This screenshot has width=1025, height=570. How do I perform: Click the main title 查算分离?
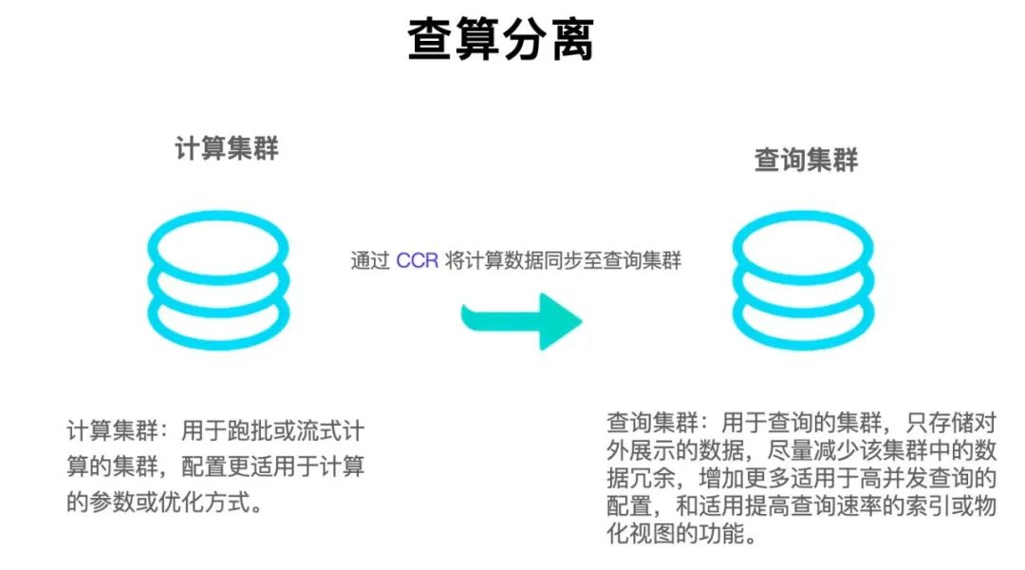(x=501, y=39)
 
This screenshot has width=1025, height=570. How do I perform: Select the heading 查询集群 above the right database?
(x=806, y=161)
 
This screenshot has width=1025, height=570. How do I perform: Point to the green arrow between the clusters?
(x=521, y=321)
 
